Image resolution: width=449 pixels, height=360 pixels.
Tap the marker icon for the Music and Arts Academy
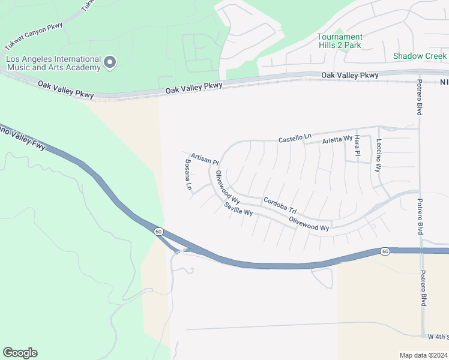click(x=110, y=62)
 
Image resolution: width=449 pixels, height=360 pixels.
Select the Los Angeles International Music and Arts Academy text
click(x=53, y=63)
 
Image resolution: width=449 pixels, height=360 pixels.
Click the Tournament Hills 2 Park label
click(x=340, y=41)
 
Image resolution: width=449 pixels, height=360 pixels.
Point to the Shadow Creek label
click(x=420, y=56)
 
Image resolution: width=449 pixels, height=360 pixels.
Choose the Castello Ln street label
click(x=295, y=139)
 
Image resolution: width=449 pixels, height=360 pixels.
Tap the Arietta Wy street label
click(x=337, y=139)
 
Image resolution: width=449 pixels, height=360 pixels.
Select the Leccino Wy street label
click(x=379, y=155)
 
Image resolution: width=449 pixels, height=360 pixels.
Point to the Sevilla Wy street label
click(x=238, y=209)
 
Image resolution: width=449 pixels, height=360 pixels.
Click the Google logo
click(x=20, y=353)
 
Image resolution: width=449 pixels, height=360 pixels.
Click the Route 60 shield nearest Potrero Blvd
click(x=384, y=250)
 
